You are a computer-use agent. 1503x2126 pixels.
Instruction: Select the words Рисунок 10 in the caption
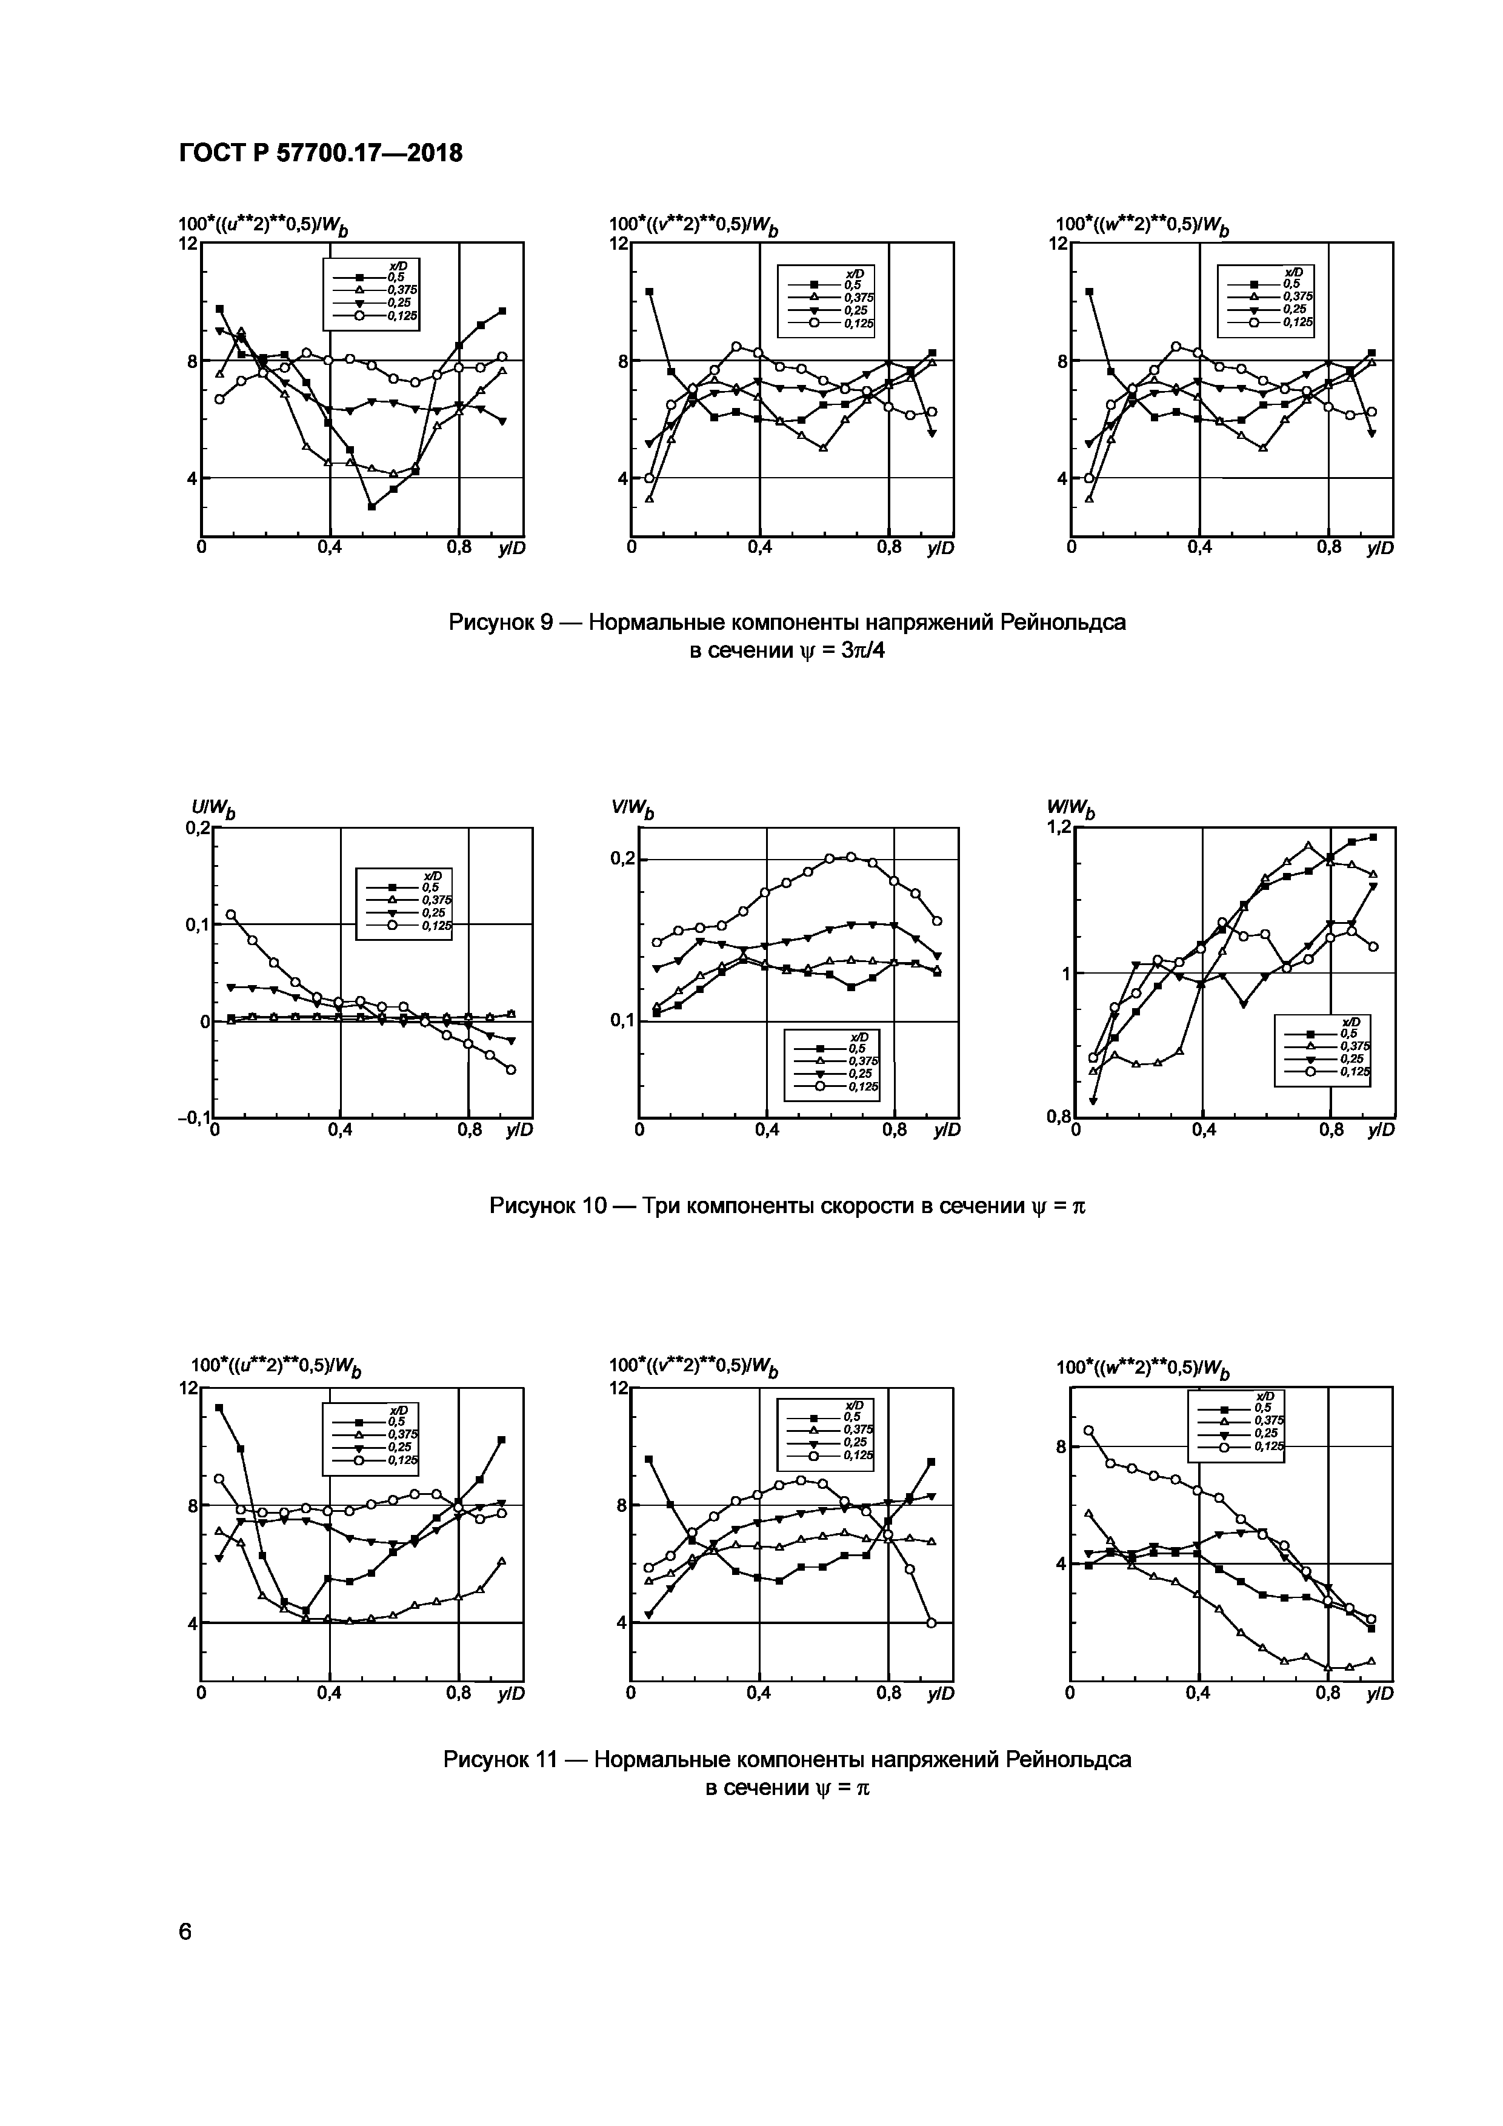point(545,1206)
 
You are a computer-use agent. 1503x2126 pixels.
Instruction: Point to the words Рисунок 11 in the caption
point(499,1759)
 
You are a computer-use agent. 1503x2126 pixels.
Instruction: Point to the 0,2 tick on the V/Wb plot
point(623,859)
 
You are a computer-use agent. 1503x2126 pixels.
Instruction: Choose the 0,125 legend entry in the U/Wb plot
point(436,925)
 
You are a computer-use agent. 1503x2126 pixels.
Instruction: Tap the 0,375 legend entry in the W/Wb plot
point(1356,1045)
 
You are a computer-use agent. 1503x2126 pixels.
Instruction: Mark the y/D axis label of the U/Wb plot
point(519,1131)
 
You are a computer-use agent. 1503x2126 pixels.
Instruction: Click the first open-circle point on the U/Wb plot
point(232,915)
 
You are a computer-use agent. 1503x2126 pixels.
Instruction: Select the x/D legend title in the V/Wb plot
point(860,1036)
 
